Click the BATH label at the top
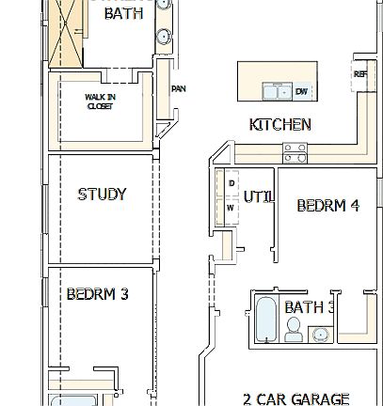[x=124, y=13]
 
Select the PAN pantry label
[x=178, y=90]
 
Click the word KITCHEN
[x=279, y=125]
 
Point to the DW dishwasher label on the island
[x=301, y=91]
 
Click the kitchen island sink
[x=279, y=91]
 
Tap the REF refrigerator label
[x=359, y=74]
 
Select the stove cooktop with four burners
[x=295, y=148]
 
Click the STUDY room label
[x=102, y=195]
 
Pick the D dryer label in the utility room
[x=230, y=183]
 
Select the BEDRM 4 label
[x=327, y=205]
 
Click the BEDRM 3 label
[x=97, y=294]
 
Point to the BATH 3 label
[x=310, y=307]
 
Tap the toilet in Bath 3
[x=294, y=330]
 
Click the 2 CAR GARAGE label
[x=295, y=398]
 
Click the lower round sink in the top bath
[x=164, y=37]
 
